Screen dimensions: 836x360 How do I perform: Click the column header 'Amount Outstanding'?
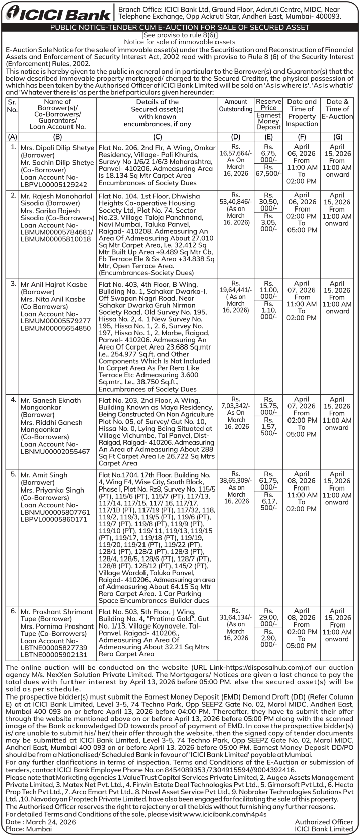click(236, 105)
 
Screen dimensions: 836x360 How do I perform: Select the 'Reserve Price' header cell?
click(268, 104)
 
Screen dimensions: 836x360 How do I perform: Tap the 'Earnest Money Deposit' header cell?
click(268, 121)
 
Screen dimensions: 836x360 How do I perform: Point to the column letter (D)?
click(236, 136)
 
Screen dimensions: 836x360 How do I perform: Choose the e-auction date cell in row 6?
click(337, 624)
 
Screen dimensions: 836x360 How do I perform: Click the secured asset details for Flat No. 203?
click(157, 432)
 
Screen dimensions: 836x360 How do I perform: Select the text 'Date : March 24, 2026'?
click(40, 822)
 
